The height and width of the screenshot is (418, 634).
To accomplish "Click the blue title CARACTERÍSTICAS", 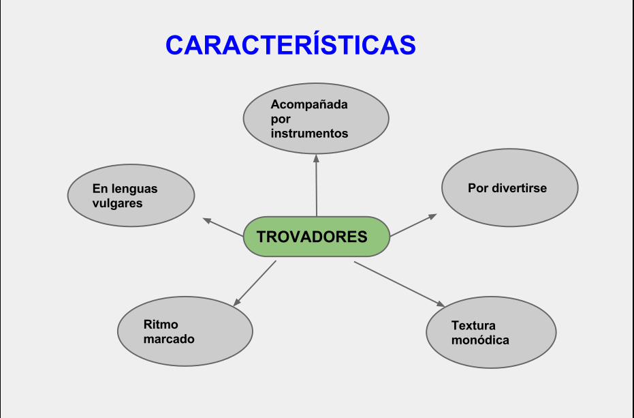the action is point(290,45).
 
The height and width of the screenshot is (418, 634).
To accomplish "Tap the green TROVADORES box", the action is point(316,237).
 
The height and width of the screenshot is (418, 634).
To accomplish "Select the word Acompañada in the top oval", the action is point(309,104).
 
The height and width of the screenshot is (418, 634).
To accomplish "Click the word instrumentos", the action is point(309,134).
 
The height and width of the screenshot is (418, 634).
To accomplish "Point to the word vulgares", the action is point(117,203).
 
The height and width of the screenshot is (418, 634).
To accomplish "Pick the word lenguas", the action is point(134,189).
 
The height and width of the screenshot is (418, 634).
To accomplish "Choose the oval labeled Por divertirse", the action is point(509,188).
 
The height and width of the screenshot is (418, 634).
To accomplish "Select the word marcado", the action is point(169,339).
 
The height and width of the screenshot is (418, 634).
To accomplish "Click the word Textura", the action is point(473,325).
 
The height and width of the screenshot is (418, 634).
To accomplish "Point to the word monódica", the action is point(480,340).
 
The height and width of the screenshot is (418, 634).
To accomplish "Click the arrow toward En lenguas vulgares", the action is point(223,227).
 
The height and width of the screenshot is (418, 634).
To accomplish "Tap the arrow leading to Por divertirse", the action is point(413,225).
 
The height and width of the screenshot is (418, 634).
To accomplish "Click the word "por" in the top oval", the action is point(281,119).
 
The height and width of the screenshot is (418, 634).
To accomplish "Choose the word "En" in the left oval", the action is point(100,189).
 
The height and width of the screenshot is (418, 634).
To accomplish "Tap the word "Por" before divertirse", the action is point(478,188).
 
